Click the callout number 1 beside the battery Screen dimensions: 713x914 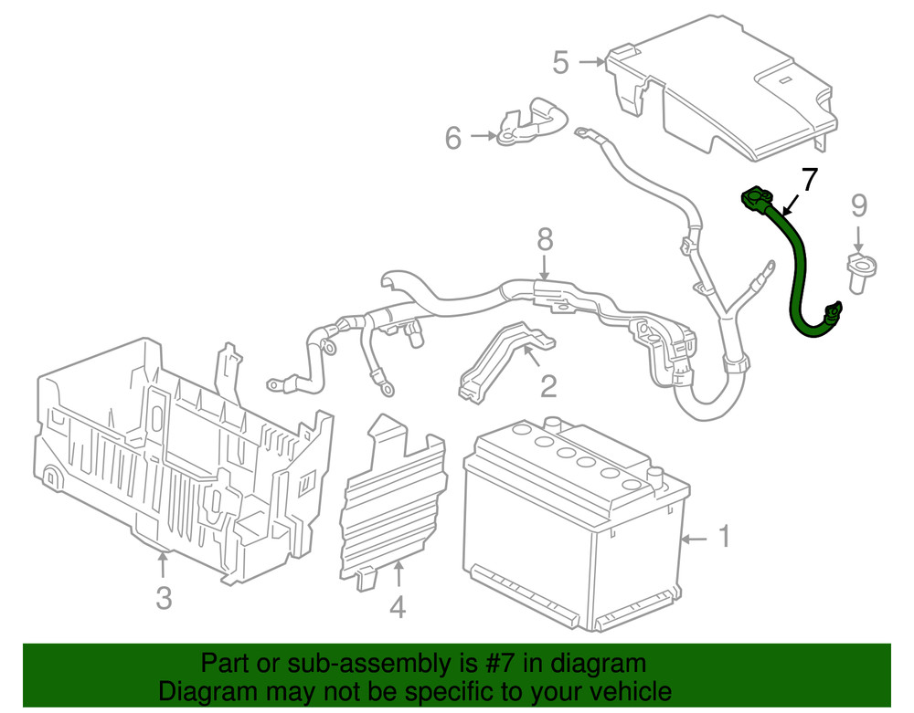coord(723,538)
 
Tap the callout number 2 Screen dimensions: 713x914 coord(547,386)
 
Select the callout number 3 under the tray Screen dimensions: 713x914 coord(163,598)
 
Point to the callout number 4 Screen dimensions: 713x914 coord(397,606)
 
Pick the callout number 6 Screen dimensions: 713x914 coord(453,138)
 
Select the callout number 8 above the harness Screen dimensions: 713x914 coord(545,240)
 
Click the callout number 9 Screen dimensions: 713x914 coord(858,205)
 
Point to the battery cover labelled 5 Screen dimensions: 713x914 coord(731,82)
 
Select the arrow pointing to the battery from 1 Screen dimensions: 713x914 coord(694,540)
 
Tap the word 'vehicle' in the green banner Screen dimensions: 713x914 coord(624,691)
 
